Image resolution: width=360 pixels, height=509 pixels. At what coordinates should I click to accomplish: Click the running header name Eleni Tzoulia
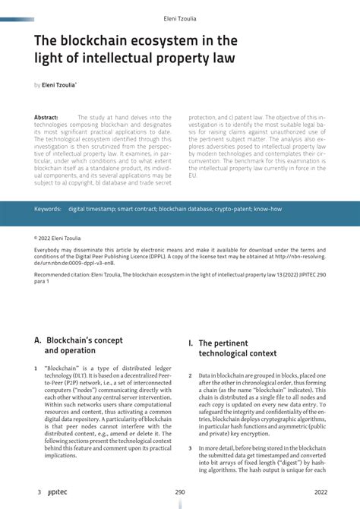180,17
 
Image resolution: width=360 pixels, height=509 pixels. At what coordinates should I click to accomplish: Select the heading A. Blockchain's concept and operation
78,346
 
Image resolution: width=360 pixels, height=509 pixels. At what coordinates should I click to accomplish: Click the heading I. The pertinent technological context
232,348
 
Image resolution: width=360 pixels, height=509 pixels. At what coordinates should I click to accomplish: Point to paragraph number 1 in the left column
36,368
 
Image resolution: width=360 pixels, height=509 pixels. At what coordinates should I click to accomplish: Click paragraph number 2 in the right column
190,376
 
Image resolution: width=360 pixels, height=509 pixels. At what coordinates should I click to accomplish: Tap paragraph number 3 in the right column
190,449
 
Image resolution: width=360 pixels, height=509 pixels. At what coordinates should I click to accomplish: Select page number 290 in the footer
180,492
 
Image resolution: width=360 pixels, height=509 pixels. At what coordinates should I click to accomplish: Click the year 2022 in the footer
321,492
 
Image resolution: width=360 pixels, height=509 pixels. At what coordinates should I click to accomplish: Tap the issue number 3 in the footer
39,492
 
